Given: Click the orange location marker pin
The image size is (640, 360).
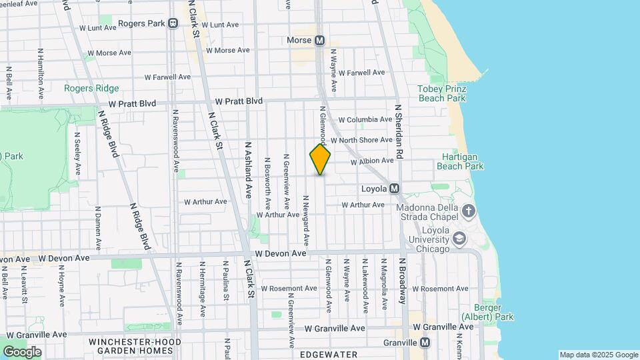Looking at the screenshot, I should point(320,159).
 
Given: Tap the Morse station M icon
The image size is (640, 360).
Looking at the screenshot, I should point(319,40).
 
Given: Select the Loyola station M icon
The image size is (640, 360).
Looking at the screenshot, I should point(394,189).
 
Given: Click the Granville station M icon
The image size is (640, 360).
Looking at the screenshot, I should point(425,343).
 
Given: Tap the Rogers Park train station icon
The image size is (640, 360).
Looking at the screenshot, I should point(173,23).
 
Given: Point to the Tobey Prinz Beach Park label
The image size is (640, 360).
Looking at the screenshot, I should point(442,93).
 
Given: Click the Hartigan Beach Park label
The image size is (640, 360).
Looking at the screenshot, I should point(455,162).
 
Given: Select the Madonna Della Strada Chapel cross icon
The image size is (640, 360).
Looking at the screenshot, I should point(469,211).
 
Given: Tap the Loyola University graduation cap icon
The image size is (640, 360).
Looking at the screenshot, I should point(459,238).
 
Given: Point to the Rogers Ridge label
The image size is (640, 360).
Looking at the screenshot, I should point(91,88).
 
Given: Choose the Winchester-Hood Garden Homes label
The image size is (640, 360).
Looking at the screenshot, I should point(135,345).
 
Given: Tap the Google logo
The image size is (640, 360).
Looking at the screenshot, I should point(22,351).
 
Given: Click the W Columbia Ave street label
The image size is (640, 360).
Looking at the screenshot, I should point(365,119).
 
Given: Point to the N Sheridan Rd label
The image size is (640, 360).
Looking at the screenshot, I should point(399,130).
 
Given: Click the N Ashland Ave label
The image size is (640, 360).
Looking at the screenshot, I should point(248,169).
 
